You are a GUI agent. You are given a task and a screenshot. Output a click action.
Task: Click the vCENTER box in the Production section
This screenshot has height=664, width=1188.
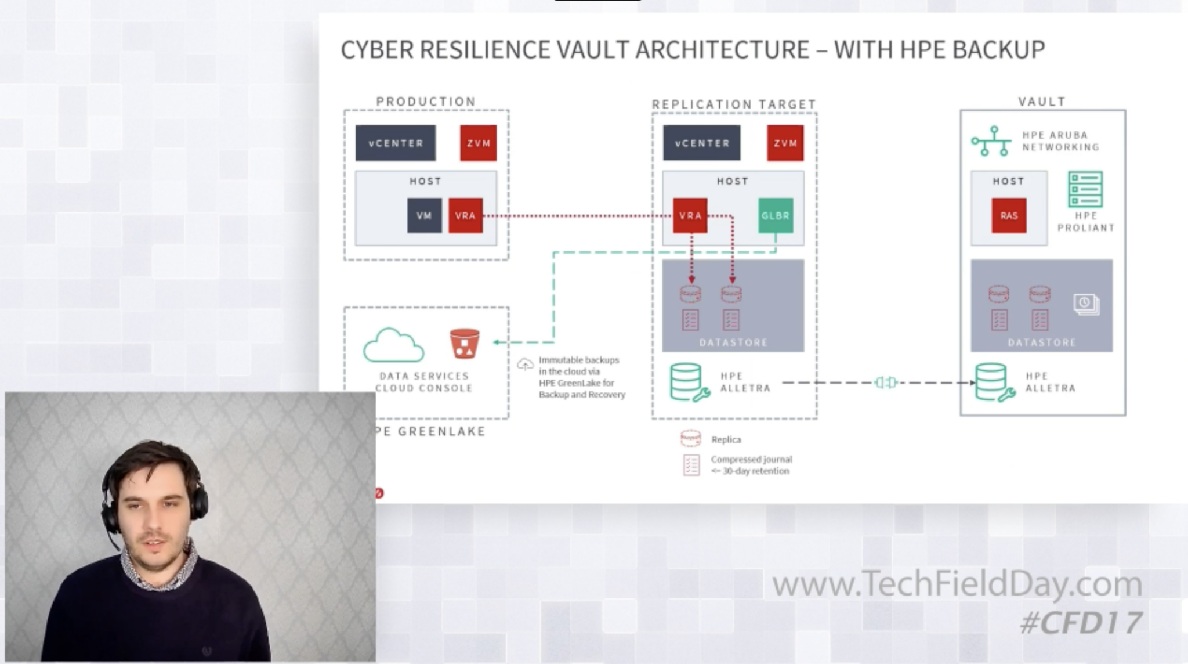[396, 143]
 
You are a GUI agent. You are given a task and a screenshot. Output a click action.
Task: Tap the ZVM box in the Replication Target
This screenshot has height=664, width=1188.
[785, 143]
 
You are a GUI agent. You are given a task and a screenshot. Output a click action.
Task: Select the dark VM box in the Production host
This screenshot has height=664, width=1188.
[424, 216]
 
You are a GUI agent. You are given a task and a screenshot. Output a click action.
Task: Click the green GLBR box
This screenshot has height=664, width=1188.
[776, 216]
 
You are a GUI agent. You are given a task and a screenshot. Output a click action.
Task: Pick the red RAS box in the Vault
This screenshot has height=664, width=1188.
[1009, 216]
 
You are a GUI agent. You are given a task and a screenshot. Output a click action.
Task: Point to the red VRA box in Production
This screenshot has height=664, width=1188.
[465, 216]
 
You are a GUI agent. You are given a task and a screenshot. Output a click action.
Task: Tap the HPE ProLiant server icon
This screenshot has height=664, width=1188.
[1085, 189]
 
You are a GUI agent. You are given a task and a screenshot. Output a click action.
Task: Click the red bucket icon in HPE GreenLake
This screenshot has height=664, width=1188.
[465, 344]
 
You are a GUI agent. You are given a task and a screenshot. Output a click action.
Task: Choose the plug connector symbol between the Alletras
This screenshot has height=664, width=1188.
[886, 382]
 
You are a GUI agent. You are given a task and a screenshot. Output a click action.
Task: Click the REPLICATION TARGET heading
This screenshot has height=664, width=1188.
[734, 104]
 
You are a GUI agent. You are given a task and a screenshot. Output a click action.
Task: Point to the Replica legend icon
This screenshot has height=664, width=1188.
[690, 439]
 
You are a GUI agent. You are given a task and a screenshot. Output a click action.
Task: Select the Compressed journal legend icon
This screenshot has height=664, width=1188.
[691, 465]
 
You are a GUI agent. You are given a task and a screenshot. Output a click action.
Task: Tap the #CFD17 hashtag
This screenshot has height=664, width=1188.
[1081, 623]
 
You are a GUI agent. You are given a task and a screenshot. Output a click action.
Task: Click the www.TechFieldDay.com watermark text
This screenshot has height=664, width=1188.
[957, 583]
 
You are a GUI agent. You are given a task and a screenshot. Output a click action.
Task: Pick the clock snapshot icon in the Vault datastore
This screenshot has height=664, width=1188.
[1085, 304]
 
